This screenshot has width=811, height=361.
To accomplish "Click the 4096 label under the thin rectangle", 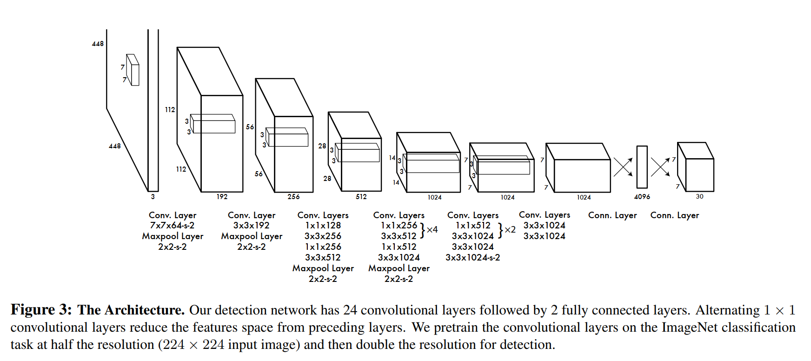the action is coord(642,197).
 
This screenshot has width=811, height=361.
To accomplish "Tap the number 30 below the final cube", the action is coord(699,196).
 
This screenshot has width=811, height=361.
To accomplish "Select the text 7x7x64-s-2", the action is coord(172,225).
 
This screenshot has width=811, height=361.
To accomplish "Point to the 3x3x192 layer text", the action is coord(251,225).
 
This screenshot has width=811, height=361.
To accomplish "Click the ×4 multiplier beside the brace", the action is coord(432,229).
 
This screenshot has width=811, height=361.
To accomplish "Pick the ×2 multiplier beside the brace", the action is coord(510,229).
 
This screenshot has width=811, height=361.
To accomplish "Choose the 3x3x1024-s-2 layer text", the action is coord(472,257).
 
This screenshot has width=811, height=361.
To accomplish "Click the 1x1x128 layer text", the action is coord(323,225).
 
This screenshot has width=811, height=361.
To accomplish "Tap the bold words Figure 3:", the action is coord(41,310).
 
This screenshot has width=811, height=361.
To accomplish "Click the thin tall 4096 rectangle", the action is coord(642,167).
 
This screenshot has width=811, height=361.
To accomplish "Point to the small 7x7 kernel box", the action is coord(133,70).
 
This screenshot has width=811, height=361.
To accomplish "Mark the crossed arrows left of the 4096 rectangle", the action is coord(623,167).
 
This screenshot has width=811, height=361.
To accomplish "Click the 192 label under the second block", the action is coord(222,197).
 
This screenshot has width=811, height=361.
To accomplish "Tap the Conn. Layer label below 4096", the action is coord(612,215).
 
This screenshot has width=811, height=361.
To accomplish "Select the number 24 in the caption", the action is coord(350,310).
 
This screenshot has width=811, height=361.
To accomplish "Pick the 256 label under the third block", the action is coord(293,197).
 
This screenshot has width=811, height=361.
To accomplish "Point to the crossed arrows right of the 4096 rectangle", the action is coord(660,167).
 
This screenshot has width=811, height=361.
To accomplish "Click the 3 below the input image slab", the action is coord(153,197).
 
